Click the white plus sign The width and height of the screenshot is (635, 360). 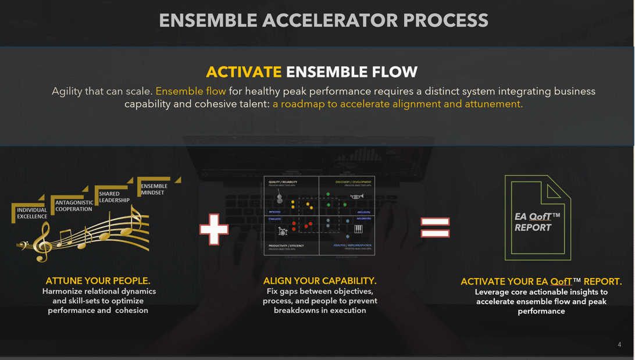pyautogui.click(x=214, y=229)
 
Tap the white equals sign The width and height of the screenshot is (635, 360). pyautogui.click(x=435, y=227)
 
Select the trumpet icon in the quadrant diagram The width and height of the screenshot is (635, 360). pyautogui.click(x=356, y=197)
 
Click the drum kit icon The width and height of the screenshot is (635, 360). pyautogui.click(x=283, y=231)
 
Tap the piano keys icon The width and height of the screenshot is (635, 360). pyautogui.click(x=358, y=229)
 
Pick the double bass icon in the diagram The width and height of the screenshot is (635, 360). pyautogui.click(x=280, y=197)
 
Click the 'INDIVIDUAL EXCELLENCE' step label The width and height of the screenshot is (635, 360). pyautogui.click(x=32, y=213)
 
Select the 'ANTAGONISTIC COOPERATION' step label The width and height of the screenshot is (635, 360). pyautogui.click(x=74, y=206)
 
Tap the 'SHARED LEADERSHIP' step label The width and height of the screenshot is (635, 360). pyautogui.click(x=114, y=197)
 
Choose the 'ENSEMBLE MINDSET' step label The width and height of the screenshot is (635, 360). pyautogui.click(x=154, y=189)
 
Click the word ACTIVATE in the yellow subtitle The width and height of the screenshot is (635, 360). pyautogui.click(x=244, y=72)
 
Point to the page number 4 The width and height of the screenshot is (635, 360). pyautogui.click(x=619, y=345)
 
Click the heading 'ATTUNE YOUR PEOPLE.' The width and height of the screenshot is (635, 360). pyautogui.click(x=98, y=281)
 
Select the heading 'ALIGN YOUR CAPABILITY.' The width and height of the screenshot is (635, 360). pyautogui.click(x=320, y=281)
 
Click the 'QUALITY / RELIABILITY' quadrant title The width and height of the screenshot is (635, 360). pyautogui.click(x=283, y=182)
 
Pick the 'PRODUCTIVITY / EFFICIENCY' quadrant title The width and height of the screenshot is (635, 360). pyautogui.click(x=287, y=246)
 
